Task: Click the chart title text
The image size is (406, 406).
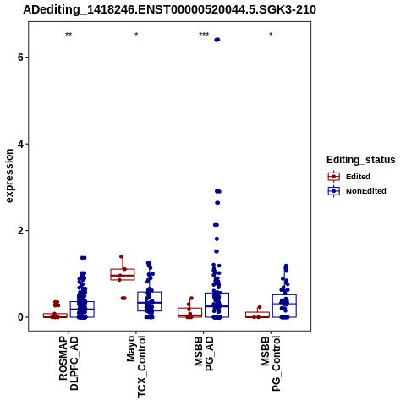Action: tap(169, 9)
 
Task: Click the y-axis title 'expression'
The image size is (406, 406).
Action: tap(9, 176)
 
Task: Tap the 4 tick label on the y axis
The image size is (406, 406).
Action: tap(20, 144)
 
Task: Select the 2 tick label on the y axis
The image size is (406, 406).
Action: tap(20, 231)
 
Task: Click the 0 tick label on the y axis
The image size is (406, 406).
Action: tap(20, 317)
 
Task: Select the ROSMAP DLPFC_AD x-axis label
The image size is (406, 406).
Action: tap(69, 363)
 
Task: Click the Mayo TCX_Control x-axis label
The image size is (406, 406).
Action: tap(136, 366)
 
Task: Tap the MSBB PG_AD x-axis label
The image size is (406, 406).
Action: tap(204, 354)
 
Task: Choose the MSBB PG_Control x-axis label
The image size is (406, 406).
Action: tap(271, 364)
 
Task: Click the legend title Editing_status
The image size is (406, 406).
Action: tap(361, 160)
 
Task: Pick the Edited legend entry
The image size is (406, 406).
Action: tap(349, 177)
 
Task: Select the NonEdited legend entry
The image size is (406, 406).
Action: tap(357, 191)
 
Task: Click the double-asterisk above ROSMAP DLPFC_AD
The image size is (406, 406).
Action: tap(69, 35)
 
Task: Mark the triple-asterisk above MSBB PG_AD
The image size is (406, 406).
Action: tap(204, 35)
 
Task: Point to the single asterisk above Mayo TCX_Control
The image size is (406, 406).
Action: tap(136, 35)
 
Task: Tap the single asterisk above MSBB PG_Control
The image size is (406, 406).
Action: tap(271, 35)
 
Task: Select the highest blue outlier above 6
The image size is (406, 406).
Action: tap(217, 40)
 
